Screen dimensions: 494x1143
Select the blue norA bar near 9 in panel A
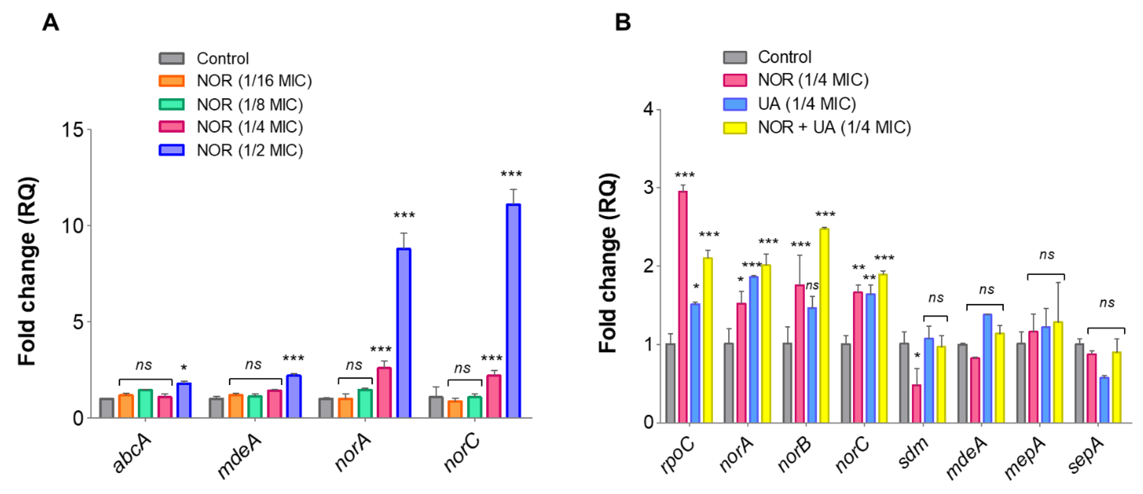pos(403,332)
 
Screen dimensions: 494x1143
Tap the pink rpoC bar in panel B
pos(683,306)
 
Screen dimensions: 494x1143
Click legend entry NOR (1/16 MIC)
pos(235,81)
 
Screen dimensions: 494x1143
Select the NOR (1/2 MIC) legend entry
pos(231,150)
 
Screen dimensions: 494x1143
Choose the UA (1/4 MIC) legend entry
pos(790,104)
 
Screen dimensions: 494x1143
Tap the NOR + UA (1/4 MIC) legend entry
pos(817,128)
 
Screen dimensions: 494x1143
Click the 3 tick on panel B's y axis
pos(648,188)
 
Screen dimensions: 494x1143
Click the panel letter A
pos(51,22)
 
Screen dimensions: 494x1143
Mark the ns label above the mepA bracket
pos(1046,255)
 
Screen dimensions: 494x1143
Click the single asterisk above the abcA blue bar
pos(183,368)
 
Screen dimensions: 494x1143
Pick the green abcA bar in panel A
pos(145,403)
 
